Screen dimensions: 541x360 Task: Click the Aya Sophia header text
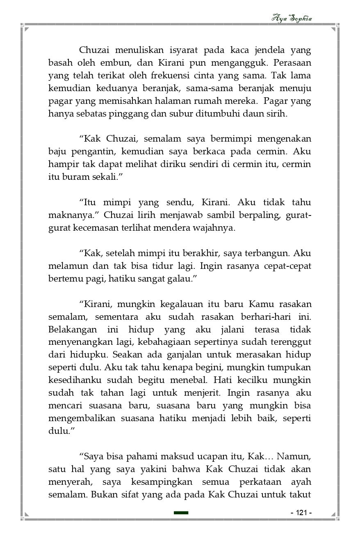[292, 18]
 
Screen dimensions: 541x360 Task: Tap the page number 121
[301, 513]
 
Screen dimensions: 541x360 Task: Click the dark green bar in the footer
[181, 513]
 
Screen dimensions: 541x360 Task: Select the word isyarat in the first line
[184, 50]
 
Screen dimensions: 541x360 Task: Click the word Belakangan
[73, 330]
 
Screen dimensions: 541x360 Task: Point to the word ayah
[301, 481]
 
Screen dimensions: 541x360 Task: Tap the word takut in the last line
[300, 494]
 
